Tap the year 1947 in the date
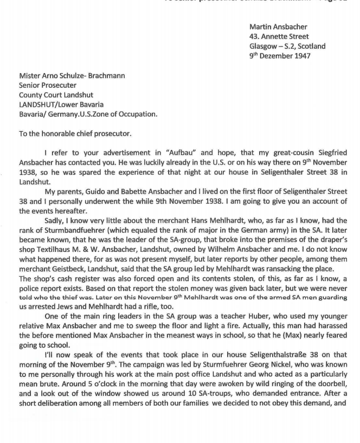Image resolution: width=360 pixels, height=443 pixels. point(301,56)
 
